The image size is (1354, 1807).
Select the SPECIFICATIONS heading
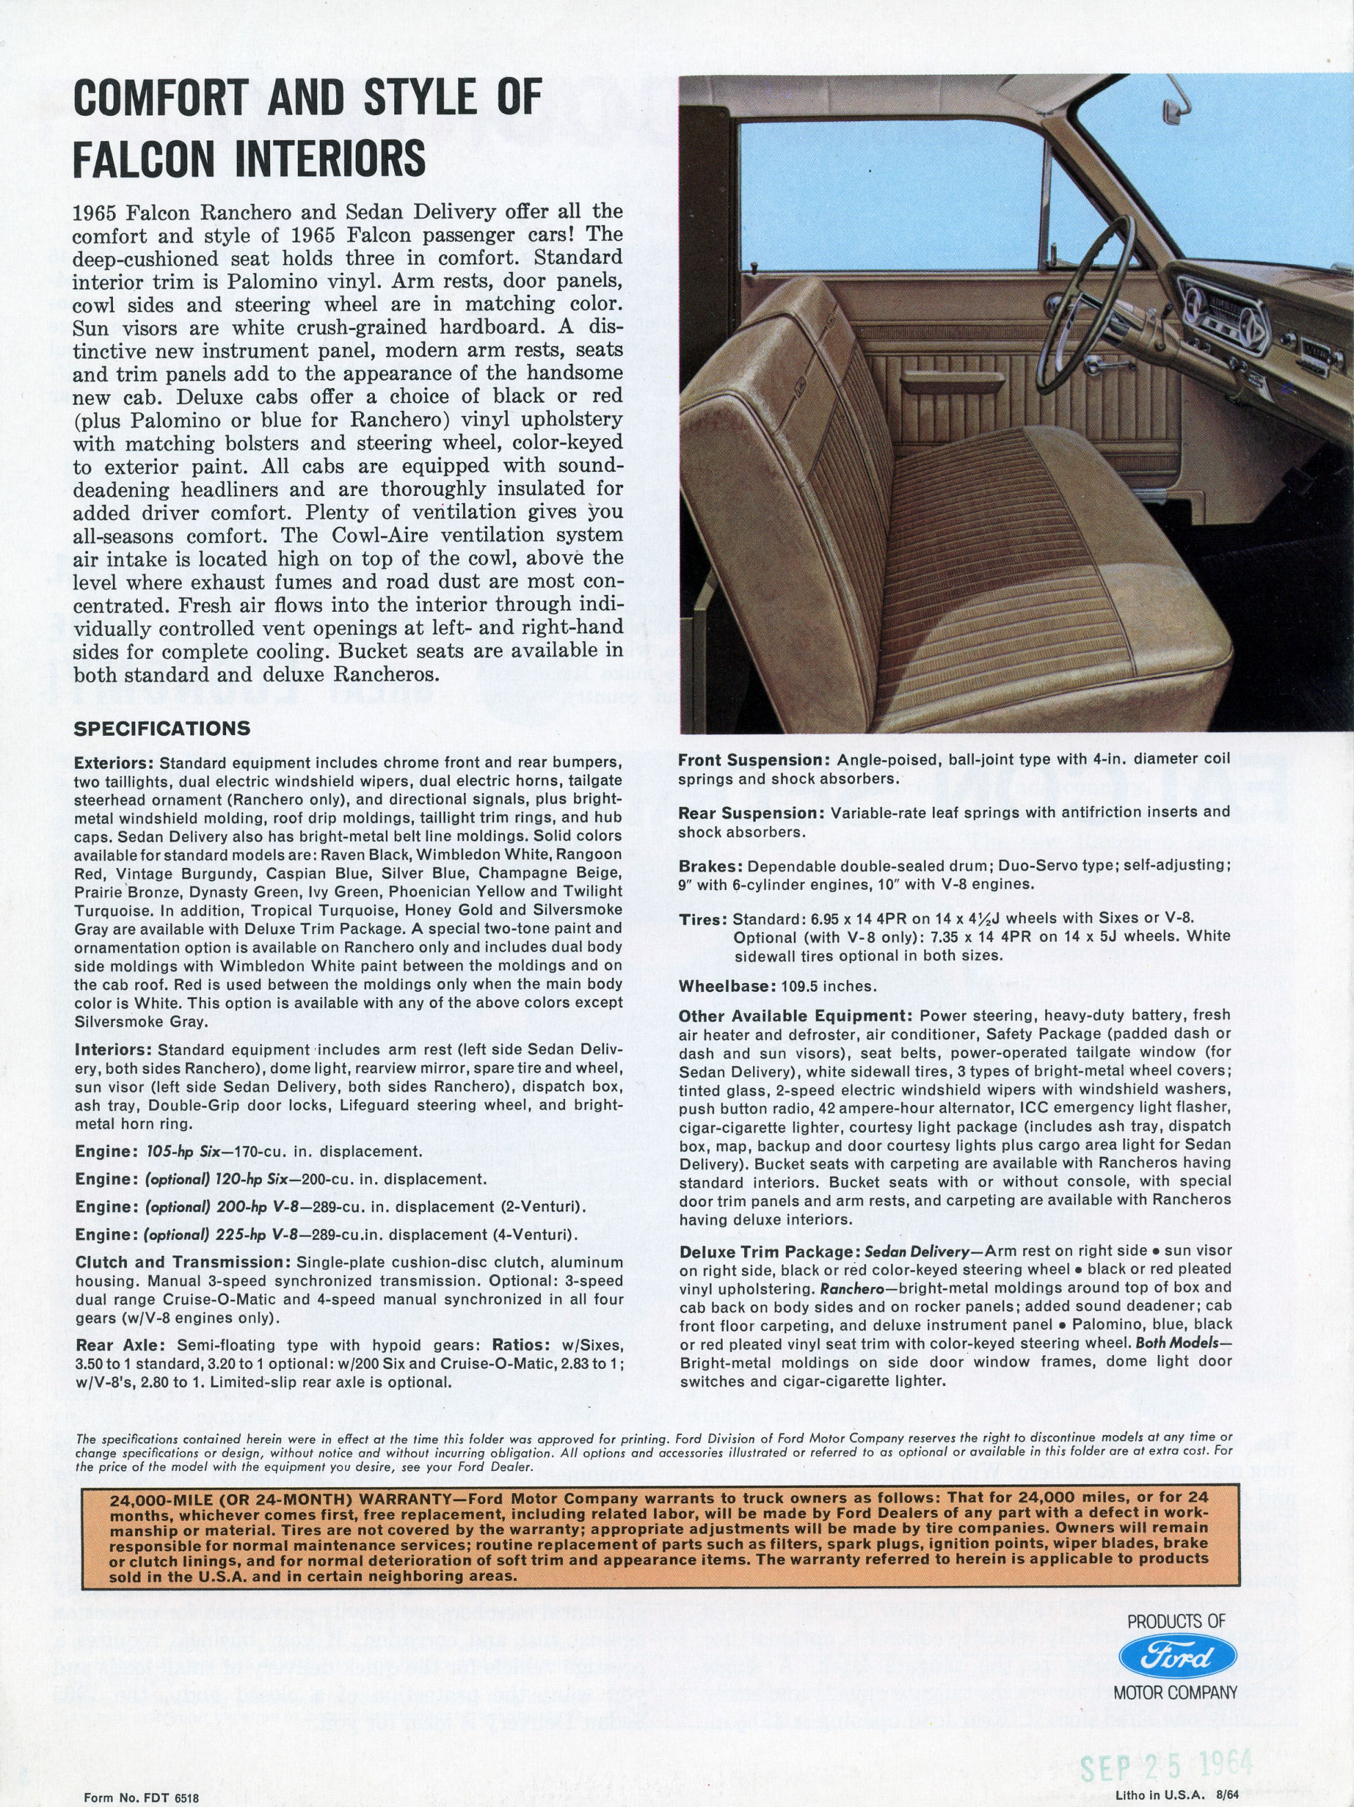click(x=162, y=729)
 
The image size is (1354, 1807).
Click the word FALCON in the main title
click(x=144, y=158)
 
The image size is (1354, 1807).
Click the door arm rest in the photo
click(x=941, y=381)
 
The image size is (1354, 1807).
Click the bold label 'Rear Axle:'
click(x=119, y=1345)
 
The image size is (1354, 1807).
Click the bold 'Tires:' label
click(x=703, y=920)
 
